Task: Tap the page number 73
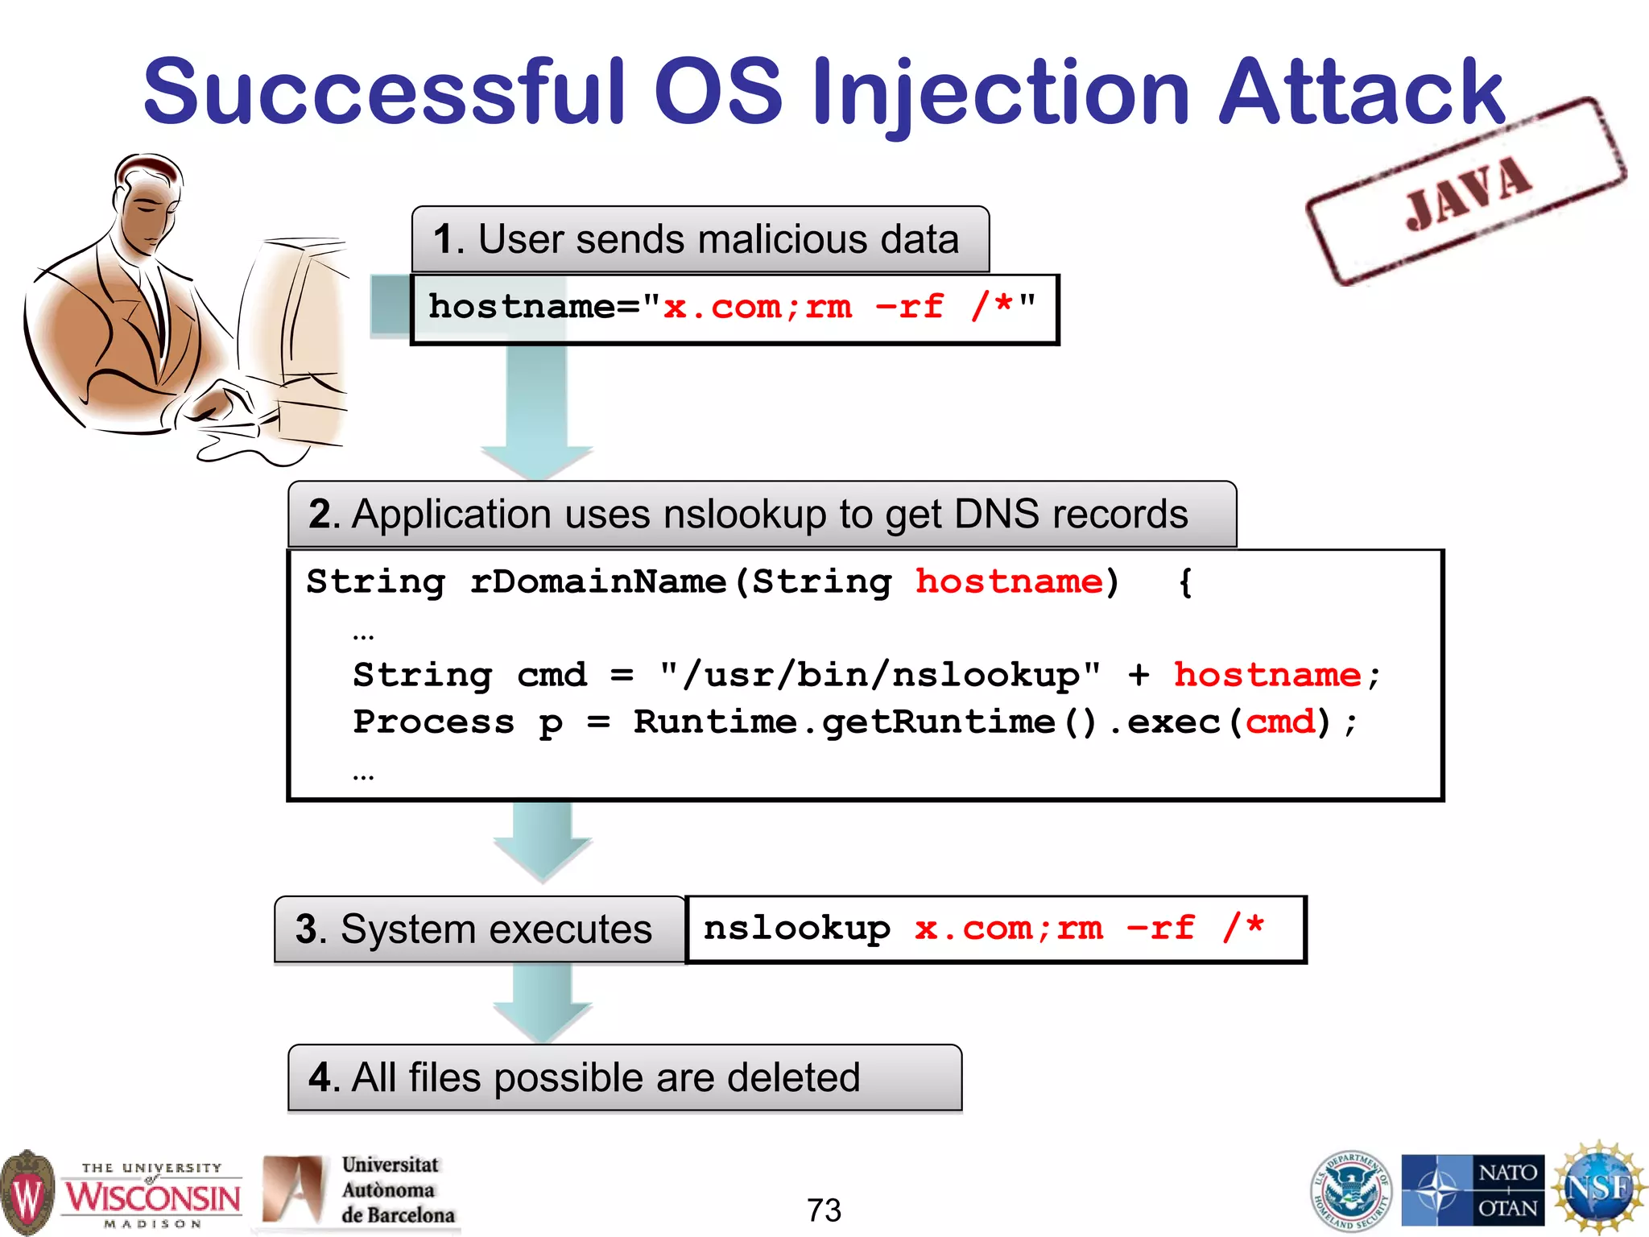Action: [x=824, y=1210]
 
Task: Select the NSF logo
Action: [x=1599, y=1189]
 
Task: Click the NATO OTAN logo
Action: [x=1473, y=1189]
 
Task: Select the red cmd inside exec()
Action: [x=1279, y=722]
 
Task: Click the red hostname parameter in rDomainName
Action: [x=1009, y=581]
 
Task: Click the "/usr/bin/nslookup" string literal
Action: [x=880, y=675]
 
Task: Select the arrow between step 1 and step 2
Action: [x=537, y=411]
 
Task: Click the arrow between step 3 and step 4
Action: [x=542, y=1003]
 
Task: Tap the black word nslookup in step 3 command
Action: [x=796, y=929]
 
